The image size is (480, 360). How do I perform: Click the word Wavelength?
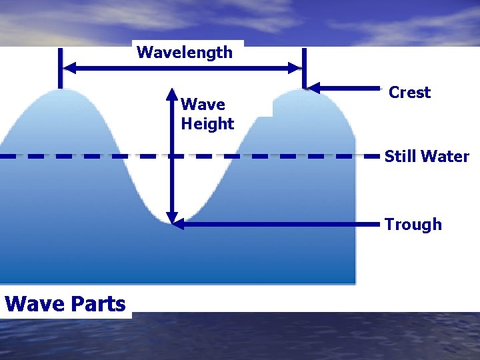(x=185, y=53)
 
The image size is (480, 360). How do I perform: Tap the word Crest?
(x=409, y=93)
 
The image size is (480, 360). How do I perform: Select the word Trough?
(x=413, y=225)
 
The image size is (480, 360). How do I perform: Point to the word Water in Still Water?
(x=444, y=157)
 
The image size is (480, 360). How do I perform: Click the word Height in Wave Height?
(x=207, y=124)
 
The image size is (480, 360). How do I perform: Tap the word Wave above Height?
(x=203, y=105)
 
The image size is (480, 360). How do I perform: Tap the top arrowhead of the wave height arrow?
(x=171, y=93)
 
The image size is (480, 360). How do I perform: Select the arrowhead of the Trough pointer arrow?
(x=177, y=225)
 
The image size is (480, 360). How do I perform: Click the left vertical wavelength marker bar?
(x=60, y=67)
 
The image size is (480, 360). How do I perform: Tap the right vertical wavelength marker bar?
(x=304, y=67)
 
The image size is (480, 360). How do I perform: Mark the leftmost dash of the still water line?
(x=7, y=156)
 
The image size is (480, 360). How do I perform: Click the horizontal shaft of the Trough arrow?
(x=280, y=225)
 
